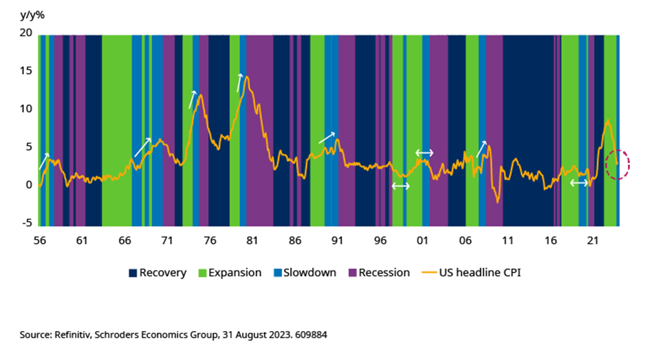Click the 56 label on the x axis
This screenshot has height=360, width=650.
(39, 241)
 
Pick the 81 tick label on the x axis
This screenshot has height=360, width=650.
(252, 241)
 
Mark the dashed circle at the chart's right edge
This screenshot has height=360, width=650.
(617, 164)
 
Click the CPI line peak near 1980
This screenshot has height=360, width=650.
(246, 76)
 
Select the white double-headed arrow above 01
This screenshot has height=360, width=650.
(424, 152)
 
